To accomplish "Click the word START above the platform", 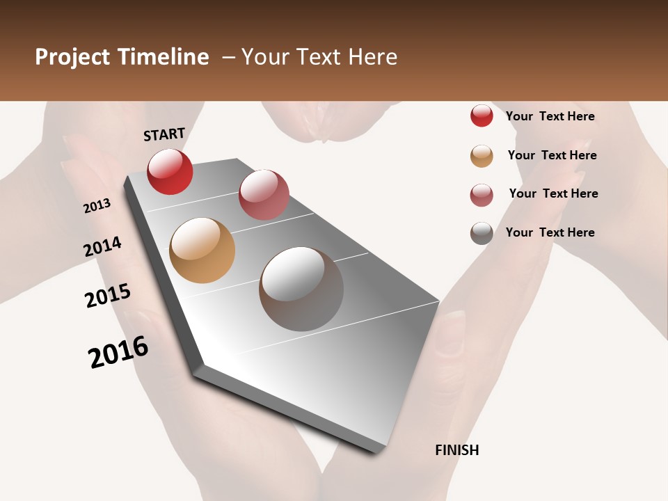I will click(x=164, y=134).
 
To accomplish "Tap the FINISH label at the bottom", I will click(x=457, y=450).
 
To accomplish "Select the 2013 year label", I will click(x=97, y=205).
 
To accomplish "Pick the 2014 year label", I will click(x=102, y=246).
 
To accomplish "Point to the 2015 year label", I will click(x=108, y=295).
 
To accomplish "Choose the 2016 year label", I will click(x=118, y=351).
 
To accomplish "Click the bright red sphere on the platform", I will click(x=170, y=171).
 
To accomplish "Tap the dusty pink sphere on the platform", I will click(x=264, y=195).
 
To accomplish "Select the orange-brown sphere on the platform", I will click(x=202, y=250).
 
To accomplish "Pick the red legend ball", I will click(x=482, y=116).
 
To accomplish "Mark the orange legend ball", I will click(x=482, y=156).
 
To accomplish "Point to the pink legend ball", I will click(x=482, y=195).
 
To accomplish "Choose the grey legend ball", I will click(x=482, y=233).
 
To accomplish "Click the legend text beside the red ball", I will click(x=550, y=116).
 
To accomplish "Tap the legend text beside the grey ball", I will click(x=550, y=232).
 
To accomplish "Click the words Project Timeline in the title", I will click(x=122, y=57).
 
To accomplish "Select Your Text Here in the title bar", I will click(x=319, y=57).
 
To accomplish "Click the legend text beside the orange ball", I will click(x=552, y=155).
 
